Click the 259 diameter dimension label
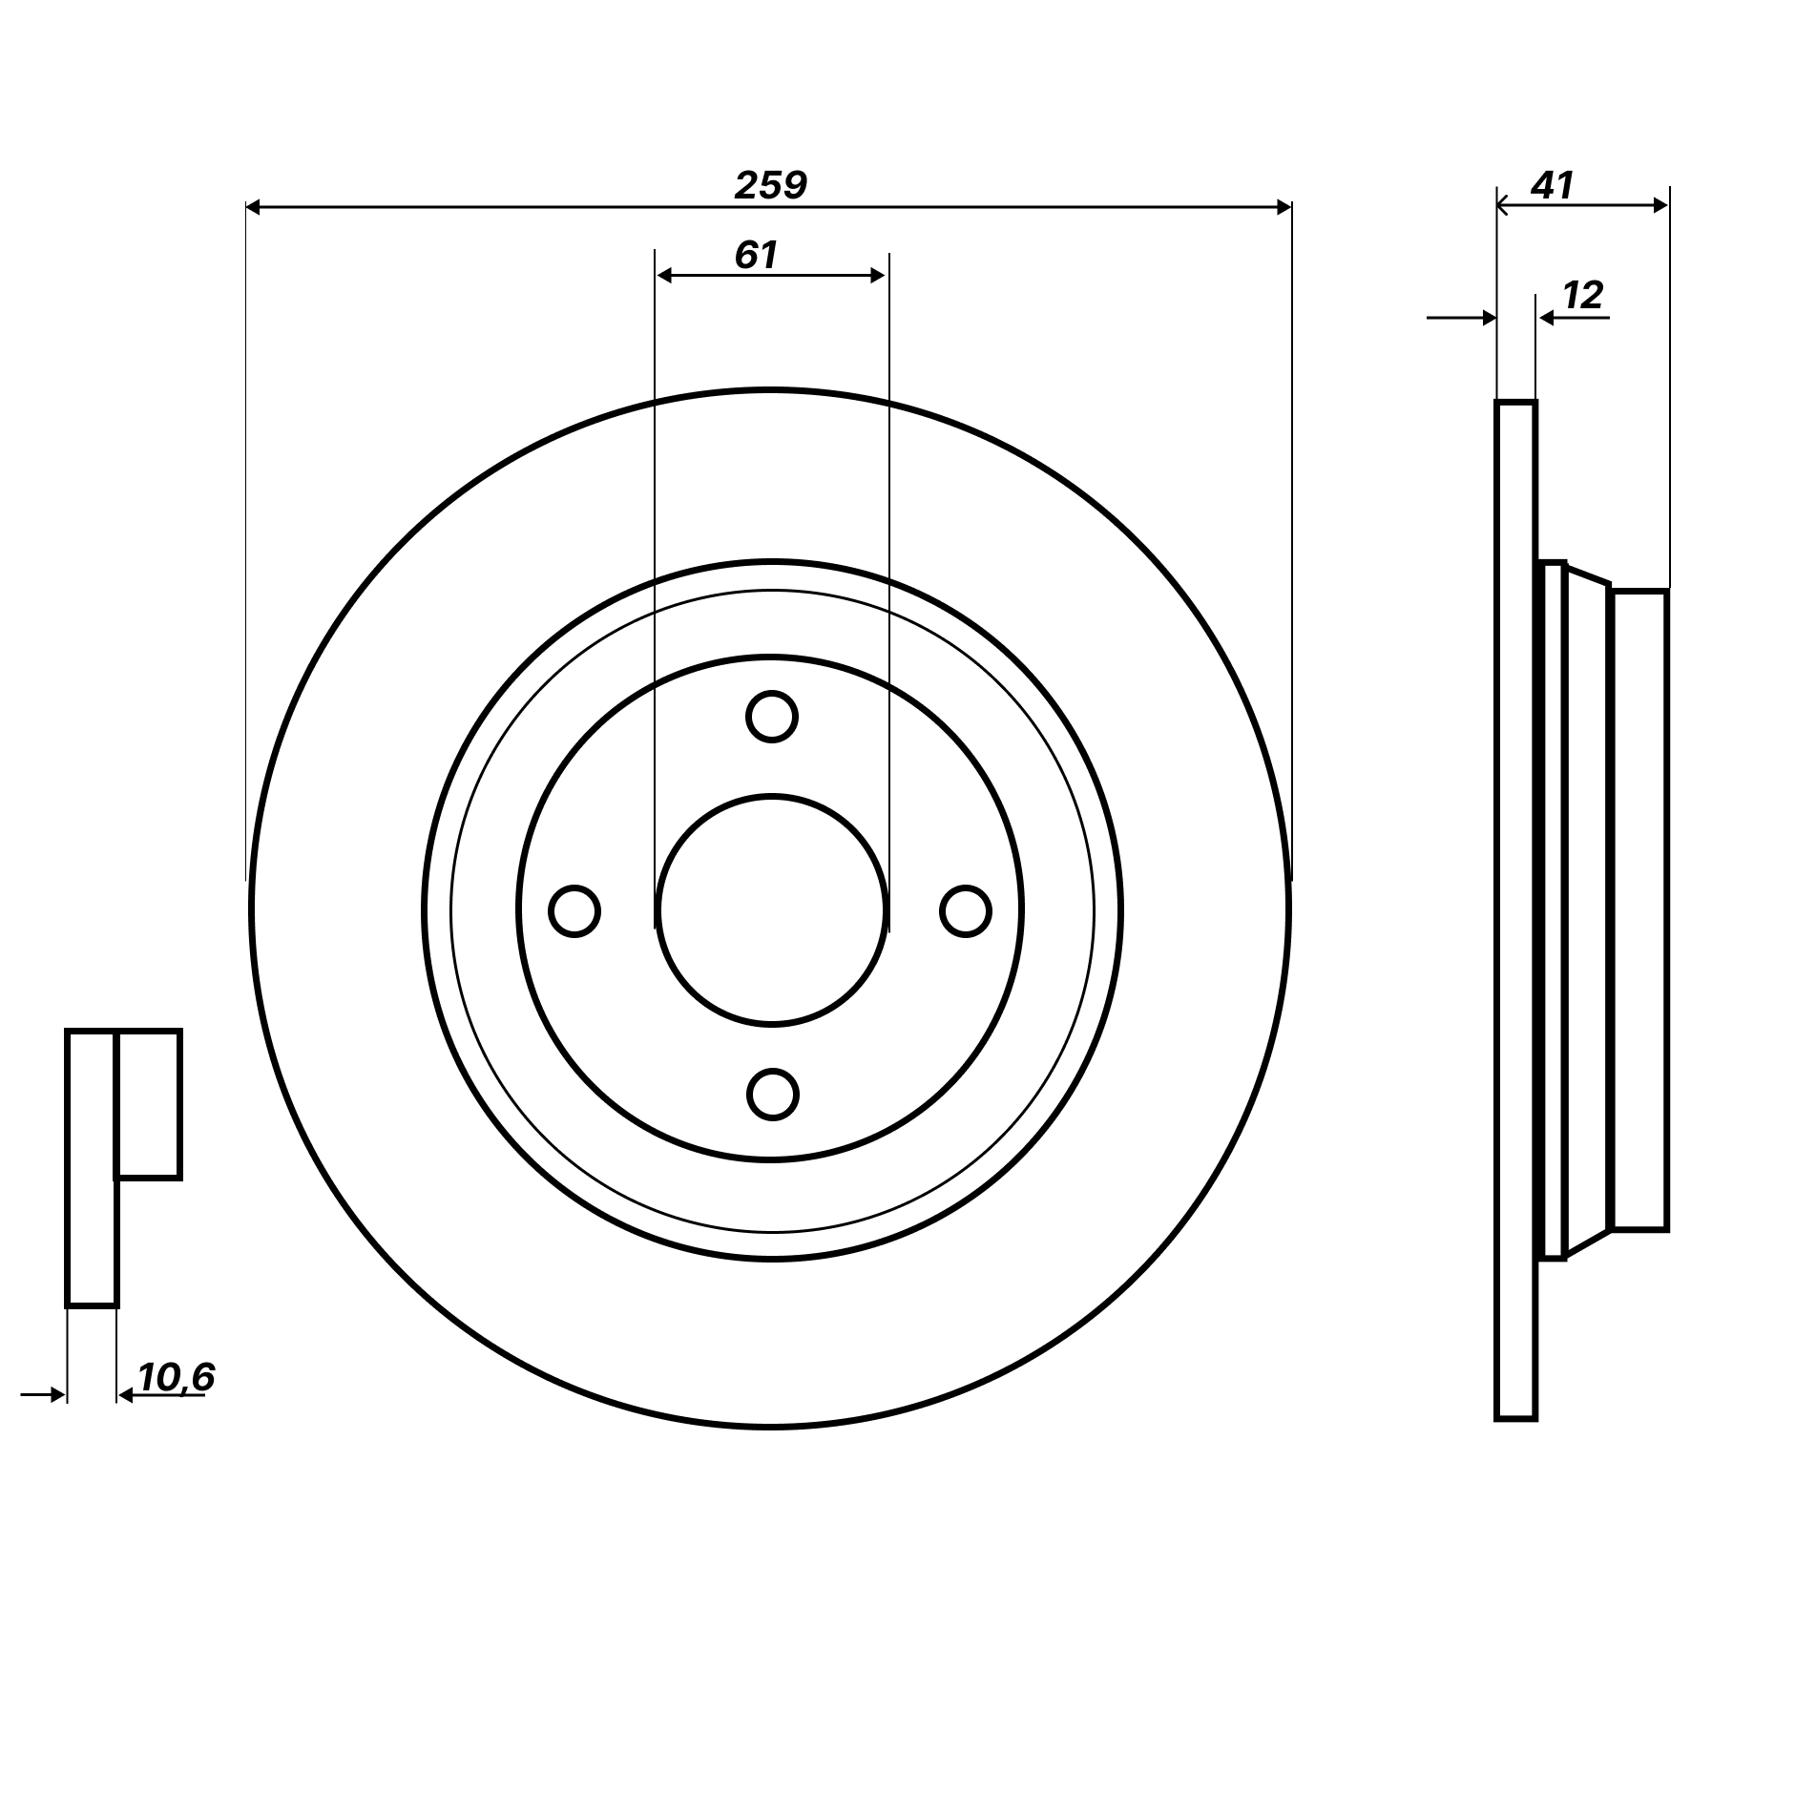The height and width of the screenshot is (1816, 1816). pos(770,185)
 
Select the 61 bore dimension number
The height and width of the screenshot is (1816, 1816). pos(756,255)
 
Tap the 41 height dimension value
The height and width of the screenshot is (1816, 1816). pos(1552,185)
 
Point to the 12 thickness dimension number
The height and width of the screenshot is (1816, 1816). pos(1583,296)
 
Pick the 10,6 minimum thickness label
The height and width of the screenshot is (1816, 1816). pos(177,1377)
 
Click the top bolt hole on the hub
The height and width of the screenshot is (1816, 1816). pos(771,717)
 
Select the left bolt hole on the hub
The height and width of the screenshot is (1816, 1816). pos(574,911)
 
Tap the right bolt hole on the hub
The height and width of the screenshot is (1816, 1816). pos(966,911)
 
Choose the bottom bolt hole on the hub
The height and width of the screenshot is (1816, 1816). pos(772,1095)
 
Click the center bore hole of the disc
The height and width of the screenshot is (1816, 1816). pos(771,910)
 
